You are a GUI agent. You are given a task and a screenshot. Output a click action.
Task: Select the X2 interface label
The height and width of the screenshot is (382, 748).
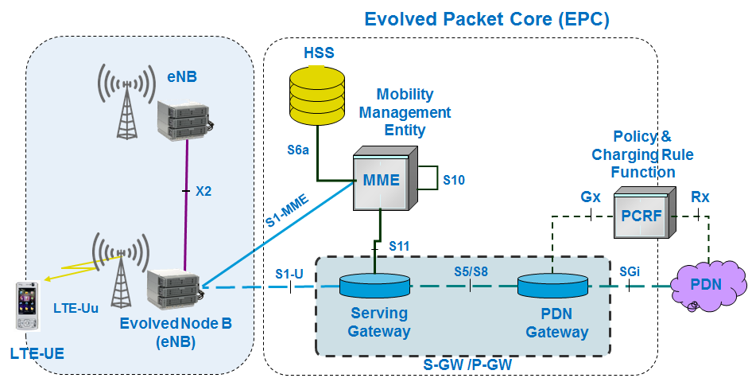[204, 192]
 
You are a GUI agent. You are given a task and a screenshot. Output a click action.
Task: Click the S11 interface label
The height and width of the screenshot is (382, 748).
[401, 246]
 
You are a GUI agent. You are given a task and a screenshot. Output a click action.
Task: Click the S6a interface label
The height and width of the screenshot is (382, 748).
[299, 149]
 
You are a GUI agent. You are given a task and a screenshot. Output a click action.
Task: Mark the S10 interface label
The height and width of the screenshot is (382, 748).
[454, 180]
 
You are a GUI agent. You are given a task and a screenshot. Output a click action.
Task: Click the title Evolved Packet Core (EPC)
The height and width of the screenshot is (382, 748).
[486, 19]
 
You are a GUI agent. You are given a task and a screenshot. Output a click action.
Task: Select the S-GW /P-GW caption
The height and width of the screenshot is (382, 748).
[464, 364]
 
